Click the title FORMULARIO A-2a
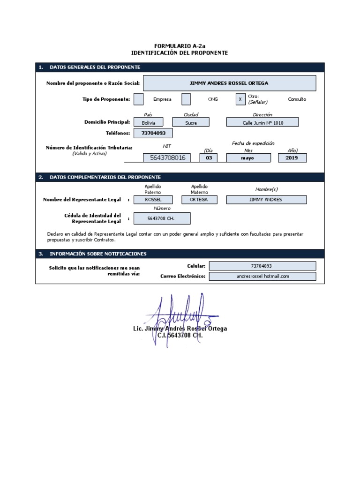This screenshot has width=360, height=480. [180, 46]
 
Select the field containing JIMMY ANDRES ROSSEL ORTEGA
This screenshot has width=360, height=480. [229, 83]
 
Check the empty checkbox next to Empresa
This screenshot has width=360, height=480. [139, 99]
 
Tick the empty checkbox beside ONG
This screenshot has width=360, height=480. [186, 99]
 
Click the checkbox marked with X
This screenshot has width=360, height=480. [240, 99]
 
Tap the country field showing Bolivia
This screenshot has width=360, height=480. [148, 122]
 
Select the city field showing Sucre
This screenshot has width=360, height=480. [191, 122]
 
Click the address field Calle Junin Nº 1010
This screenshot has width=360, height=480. [262, 122]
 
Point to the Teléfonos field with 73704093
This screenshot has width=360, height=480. [150, 134]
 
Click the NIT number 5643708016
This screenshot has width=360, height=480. [167, 158]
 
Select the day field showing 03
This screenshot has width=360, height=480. [209, 158]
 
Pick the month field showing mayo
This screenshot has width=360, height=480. [248, 158]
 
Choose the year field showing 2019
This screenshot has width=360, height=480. [292, 158]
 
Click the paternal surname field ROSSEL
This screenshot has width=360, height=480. [153, 200]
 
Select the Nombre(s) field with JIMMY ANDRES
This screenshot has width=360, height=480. [266, 200]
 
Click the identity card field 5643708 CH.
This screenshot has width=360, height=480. [162, 218]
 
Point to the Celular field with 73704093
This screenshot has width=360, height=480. [262, 266]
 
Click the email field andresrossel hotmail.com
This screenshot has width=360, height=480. [262, 276]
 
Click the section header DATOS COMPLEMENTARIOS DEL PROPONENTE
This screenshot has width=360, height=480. [105, 177]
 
